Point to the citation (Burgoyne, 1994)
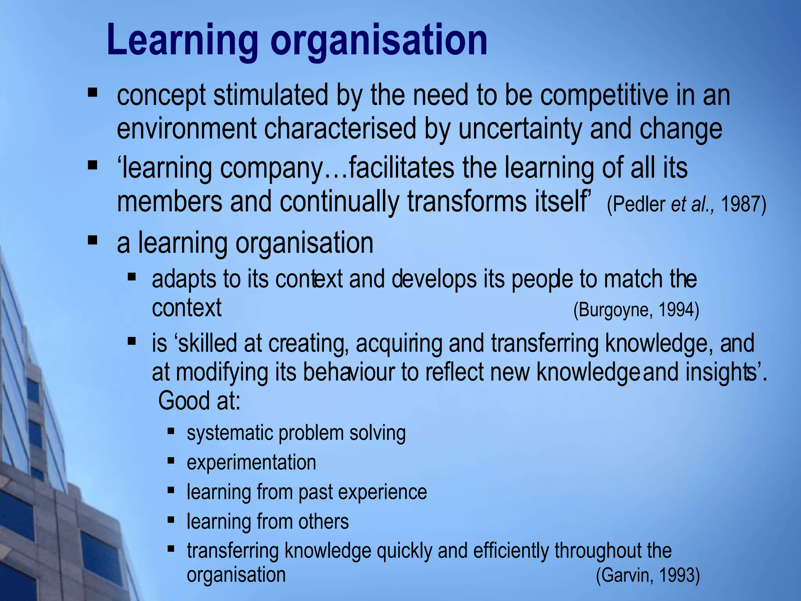point(636,310)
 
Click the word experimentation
point(251,462)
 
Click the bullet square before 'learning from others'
point(171,520)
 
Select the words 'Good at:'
point(199,401)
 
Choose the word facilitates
point(401,168)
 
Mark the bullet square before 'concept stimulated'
point(93,93)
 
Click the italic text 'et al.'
point(692,204)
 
